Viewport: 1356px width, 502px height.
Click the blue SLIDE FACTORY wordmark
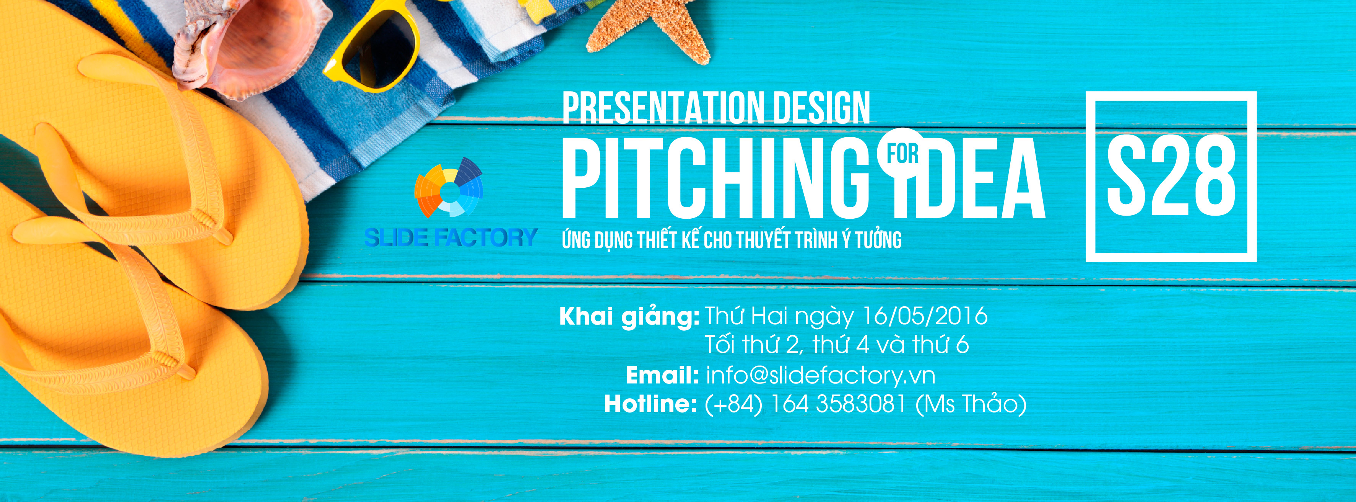click(x=450, y=237)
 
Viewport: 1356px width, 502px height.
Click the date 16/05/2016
click(x=925, y=316)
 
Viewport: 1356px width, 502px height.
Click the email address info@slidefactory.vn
click(x=820, y=375)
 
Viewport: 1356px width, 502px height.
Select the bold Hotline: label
click(x=650, y=404)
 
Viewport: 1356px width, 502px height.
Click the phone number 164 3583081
click(x=838, y=404)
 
